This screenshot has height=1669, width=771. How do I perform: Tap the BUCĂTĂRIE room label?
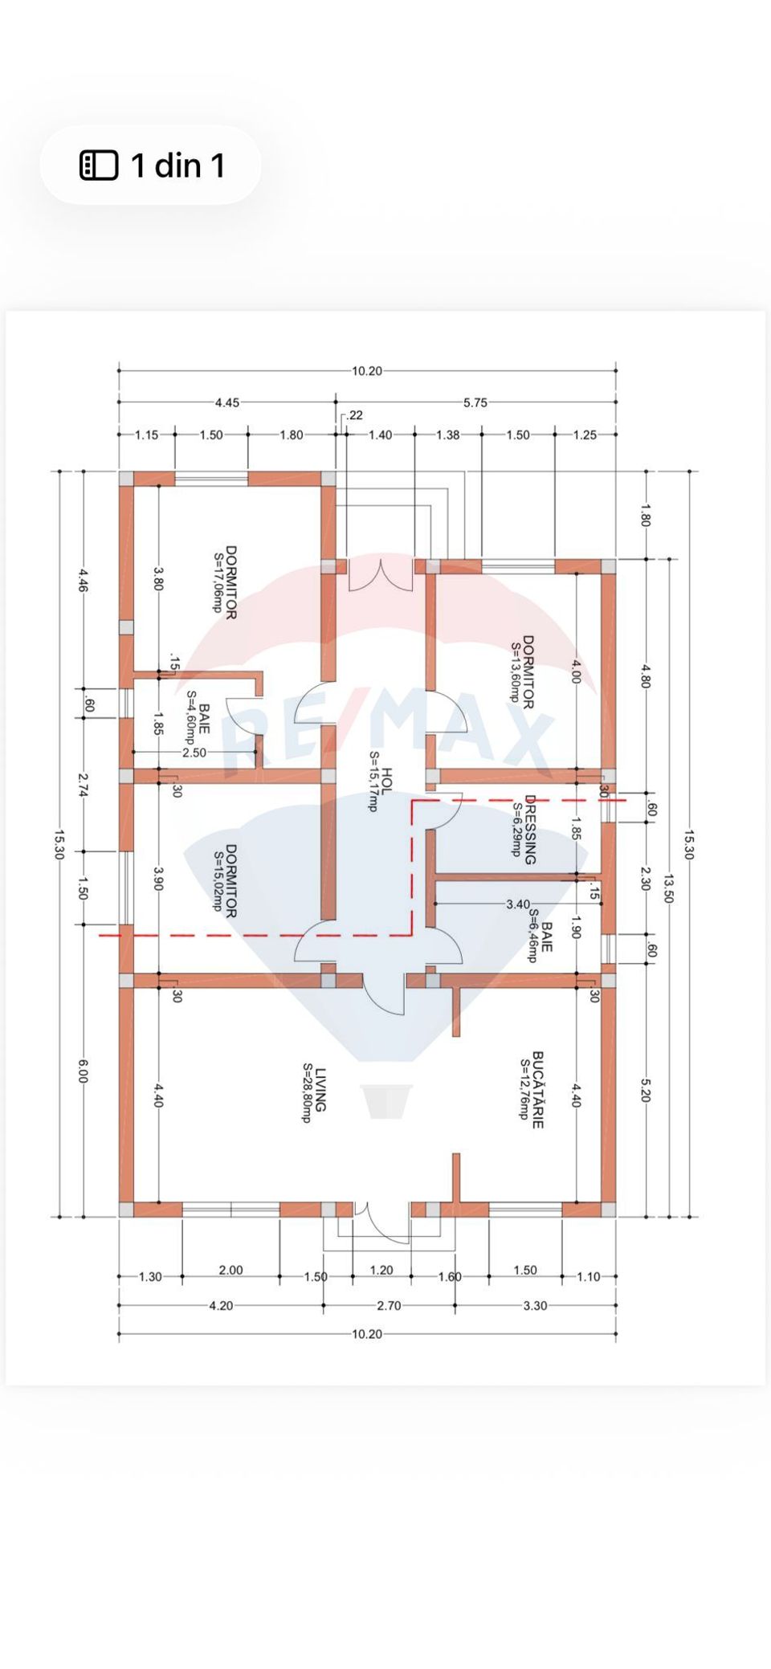[x=538, y=1090]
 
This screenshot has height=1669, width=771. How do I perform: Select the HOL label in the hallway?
[x=387, y=781]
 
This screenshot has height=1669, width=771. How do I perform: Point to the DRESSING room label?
[x=530, y=830]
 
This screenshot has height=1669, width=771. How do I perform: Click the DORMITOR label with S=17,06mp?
[x=230, y=582]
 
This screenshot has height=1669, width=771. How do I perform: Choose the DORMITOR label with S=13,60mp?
[x=528, y=672]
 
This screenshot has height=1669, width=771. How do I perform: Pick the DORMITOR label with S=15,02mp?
[x=230, y=880]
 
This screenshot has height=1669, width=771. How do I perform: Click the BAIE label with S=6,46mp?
[x=546, y=937]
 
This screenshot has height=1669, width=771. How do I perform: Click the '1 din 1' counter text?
[x=177, y=165]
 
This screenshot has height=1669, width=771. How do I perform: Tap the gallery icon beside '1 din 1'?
[x=99, y=165]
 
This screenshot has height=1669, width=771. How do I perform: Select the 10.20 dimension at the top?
[x=367, y=371]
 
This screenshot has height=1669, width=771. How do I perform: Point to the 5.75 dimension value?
[x=475, y=402]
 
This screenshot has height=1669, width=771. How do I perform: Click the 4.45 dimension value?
[x=226, y=402]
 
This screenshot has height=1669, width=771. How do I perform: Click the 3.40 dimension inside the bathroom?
[x=518, y=904]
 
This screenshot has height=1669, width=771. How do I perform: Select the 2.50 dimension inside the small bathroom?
[x=194, y=753]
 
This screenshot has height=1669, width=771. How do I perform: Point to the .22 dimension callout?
[x=354, y=415]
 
